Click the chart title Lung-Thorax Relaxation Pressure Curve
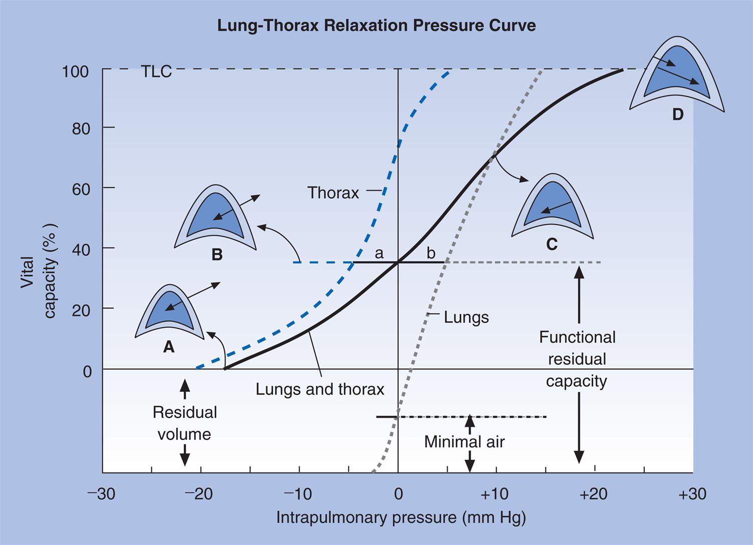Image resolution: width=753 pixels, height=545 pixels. pyautogui.click(x=376, y=25)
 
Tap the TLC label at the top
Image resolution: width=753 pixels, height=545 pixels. pyautogui.click(x=156, y=72)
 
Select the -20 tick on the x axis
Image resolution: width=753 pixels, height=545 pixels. pyautogui.click(x=199, y=494)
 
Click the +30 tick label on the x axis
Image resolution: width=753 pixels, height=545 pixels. pyautogui.click(x=692, y=494)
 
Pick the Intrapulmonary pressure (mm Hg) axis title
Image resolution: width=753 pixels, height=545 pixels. pyautogui.click(x=401, y=517)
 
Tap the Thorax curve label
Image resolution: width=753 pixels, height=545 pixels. pyautogui.click(x=333, y=193)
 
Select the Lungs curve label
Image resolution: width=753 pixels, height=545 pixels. pyautogui.click(x=466, y=317)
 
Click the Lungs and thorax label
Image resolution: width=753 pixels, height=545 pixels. pyautogui.click(x=320, y=389)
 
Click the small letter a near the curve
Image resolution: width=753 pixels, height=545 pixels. pyautogui.click(x=379, y=253)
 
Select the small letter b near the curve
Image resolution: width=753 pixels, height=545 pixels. pyautogui.click(x=431, y=253)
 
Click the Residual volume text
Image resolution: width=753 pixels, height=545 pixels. pyautogui.click(x=184, y=423)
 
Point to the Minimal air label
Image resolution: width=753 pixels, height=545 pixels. pyautogui.click(x=464, y=441)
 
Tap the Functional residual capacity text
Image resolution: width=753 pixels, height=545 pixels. pyautogui.click(x=577, y=359)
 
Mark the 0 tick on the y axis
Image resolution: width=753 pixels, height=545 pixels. pyautogui.click(x=87, y=371)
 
